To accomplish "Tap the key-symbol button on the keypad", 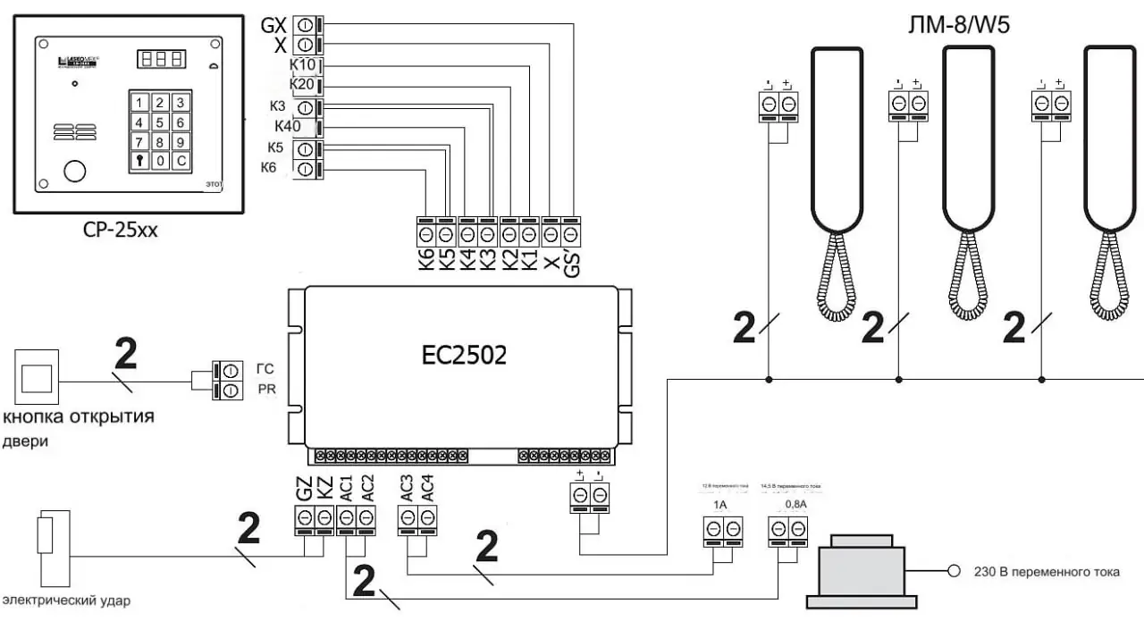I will [139, 162].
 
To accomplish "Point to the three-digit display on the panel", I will [162, 59].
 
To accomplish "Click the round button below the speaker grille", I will [73, 170].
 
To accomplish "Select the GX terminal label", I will [273, 25].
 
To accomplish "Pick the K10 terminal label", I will [303, 66].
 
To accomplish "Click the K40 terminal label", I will [288, 126].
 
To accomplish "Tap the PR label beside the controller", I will [266, 390].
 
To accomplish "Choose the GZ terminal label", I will [304, 489].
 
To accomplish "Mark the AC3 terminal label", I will [407, 487].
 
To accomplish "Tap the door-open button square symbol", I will [36, 373].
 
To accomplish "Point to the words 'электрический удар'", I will [67, 600].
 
